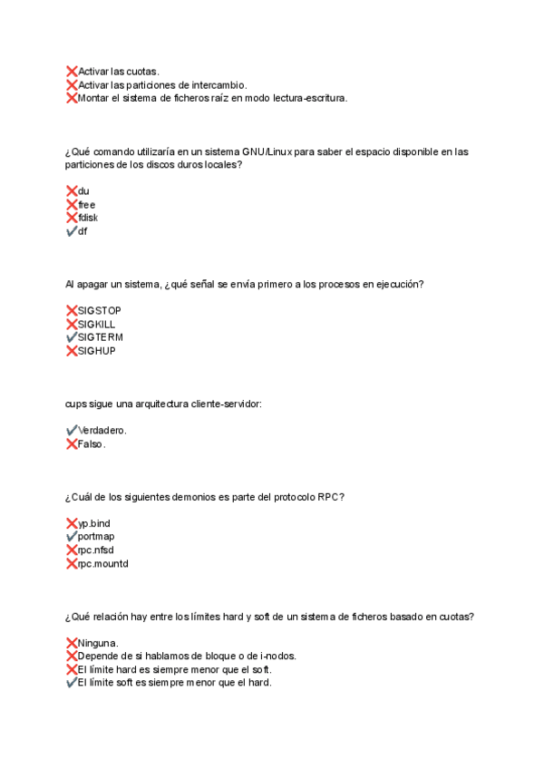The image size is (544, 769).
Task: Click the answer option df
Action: pyautogui.click(x=83, y=231)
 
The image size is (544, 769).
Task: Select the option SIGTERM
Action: pyautogui.click(x=100, y=337)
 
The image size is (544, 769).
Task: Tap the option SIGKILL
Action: pyautogui.click(x=97, y=324)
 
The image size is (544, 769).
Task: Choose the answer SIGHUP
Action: pyautogui.click(x=97, y=351)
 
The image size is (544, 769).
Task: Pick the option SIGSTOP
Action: pyautogui.click(x=100, y=311)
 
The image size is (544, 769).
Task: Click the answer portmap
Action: pyautogui.click(x=96, y=537)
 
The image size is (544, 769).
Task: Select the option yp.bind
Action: pyautogui.click(x=94, y=523)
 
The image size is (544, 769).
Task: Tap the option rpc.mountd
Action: pyautogui.click(x=103, y=564)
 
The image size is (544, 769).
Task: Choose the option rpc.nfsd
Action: pyautogui.click(x=96, y=550)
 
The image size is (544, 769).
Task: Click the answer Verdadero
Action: pyautogui.click(x=102, y=431)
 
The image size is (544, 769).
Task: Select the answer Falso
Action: pyautogui.click(x=92, y=444)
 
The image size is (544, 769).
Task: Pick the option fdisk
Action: pyautogui.click(x=88, y=218)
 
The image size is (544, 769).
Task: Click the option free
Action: pyautogui.click(x=87, y=205)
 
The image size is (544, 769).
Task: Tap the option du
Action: pyautogui.click(x=83, y=191)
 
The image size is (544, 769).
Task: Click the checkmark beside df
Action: pyautogui.click(x=72, y=231)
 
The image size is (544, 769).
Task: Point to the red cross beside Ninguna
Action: pyautogui.click(x=72, y=643)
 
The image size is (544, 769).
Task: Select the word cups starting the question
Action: pyautogui.click(x=76, y=404)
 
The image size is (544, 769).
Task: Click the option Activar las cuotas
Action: pyautogui.click(x=119, y=71)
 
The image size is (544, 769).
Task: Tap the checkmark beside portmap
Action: pyautogui.click(x=72, y=537)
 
